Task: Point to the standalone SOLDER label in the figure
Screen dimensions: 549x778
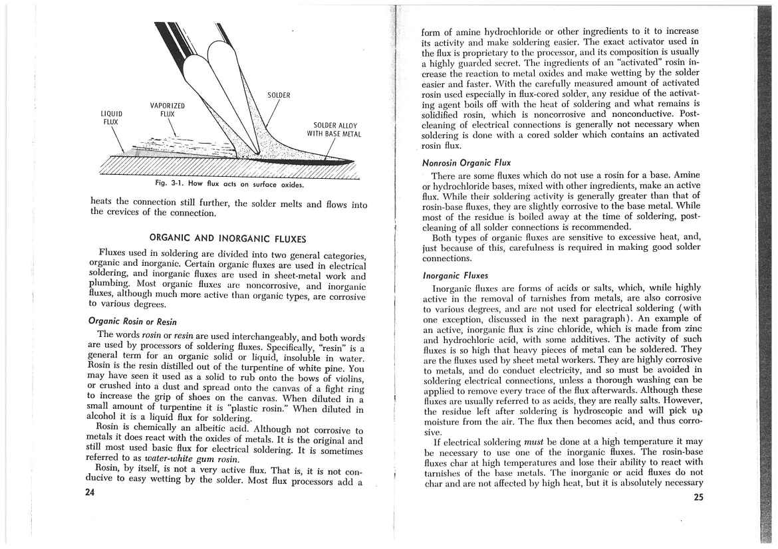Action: click(279, 95)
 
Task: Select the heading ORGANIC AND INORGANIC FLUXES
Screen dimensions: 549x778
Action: click(227, 237)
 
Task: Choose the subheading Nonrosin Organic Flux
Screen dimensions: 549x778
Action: click(463, 162)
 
